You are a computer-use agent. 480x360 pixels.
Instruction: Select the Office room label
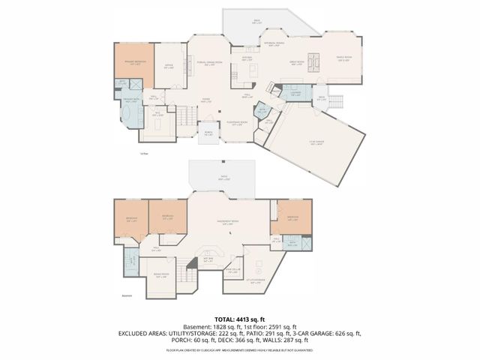pos(169,66)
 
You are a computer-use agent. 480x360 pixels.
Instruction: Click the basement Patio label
pos(223,178)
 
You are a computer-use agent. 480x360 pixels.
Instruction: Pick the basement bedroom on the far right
pos(291,218)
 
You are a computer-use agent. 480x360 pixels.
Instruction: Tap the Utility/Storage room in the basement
pos(255,283)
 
